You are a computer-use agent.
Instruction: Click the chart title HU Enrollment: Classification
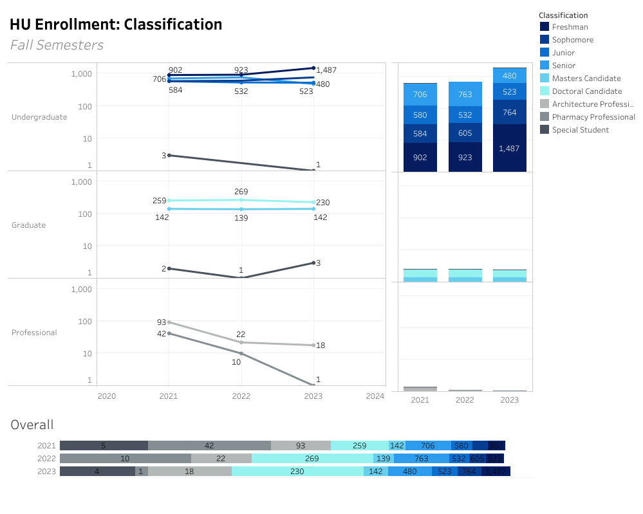coord(116,25)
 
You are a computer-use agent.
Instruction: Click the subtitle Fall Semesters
coord(57,45)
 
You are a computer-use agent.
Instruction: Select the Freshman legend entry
coord(570,27)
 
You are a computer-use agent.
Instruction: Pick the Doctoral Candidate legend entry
coord(586,91)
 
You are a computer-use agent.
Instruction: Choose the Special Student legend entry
coord(580,130)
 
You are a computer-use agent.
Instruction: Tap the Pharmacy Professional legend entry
coord(593,117)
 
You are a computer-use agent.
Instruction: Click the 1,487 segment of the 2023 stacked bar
coord(509,148)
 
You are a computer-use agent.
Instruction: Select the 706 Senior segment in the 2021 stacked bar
coord(420,95)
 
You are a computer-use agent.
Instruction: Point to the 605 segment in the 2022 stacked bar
coord(465,133)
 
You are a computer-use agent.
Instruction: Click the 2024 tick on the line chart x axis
coord(374,396)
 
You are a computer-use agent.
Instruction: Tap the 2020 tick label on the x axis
coord(107,396)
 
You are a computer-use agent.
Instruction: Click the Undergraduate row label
coord(39,117)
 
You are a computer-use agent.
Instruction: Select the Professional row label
coord(34,333)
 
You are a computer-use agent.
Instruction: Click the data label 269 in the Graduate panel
coord(241,192)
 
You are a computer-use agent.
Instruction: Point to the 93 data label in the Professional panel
coord(162,322)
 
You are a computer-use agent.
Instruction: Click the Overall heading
coord(32,425)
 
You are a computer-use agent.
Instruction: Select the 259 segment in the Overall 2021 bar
coord(360,445)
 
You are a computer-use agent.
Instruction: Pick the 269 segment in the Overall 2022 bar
coord(312,458)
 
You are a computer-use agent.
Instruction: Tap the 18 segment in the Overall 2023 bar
coord(189,471)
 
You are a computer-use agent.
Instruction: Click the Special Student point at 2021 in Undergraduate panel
coord(169,155)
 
